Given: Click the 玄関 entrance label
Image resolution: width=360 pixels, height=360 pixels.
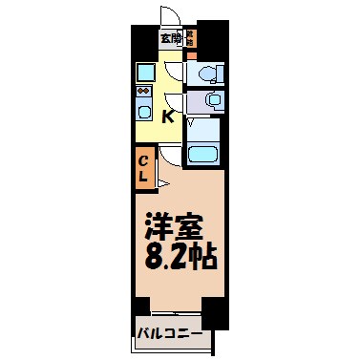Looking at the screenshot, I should coord(169,39).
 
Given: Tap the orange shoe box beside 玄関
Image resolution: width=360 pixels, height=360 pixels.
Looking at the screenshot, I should coord(190,39).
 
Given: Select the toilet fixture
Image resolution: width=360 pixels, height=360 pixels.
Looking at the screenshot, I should coord(204,74).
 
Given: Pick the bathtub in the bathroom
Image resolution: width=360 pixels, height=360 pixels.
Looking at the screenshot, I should coord(202,153).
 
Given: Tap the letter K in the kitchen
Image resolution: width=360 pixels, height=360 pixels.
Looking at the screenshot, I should coord(168,117).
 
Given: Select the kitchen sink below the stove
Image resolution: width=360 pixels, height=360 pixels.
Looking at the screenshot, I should coord(143,109).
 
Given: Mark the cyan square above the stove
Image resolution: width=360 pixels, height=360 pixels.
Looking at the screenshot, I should coord(144,73).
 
